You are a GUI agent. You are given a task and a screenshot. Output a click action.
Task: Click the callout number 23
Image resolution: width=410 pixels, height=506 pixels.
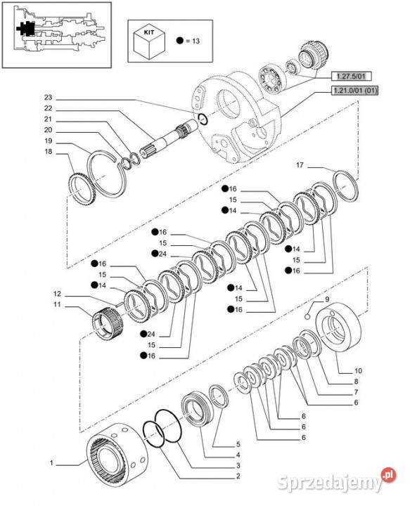point(48,97)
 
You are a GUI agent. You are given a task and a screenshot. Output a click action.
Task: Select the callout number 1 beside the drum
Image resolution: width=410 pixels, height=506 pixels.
point(51,463)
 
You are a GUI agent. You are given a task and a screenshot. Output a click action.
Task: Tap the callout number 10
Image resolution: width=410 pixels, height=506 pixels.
point(358,370)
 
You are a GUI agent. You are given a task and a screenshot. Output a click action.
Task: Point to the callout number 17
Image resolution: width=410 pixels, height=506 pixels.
point(300,165)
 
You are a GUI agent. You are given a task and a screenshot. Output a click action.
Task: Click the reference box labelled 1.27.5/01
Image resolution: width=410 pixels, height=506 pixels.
point(351,77)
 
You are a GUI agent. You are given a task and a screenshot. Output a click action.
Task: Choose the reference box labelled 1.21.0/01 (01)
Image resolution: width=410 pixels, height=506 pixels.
point(354,91)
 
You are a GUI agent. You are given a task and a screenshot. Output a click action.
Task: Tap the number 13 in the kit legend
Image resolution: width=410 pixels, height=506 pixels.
point(196,41)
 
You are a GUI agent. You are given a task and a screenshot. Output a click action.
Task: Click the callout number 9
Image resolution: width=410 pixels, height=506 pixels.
point(327,299)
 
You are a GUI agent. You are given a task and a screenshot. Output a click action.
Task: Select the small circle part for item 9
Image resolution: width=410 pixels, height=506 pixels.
point(307,316)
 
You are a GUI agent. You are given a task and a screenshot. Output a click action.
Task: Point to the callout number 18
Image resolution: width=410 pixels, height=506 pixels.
point(48,151)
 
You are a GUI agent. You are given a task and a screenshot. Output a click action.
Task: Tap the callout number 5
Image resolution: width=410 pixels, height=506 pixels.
point(238,444)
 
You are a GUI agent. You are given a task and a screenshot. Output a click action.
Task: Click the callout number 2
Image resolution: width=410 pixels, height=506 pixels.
point(238,476)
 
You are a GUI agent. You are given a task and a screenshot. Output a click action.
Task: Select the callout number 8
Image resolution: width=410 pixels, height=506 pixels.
point(356,381)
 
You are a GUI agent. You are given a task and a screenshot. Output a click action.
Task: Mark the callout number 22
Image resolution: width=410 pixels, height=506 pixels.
point(48,108)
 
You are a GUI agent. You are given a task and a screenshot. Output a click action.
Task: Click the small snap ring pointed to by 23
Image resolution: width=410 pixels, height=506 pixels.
point(203,119)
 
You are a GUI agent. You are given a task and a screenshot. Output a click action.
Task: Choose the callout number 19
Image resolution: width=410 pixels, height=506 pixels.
point(48,141)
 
